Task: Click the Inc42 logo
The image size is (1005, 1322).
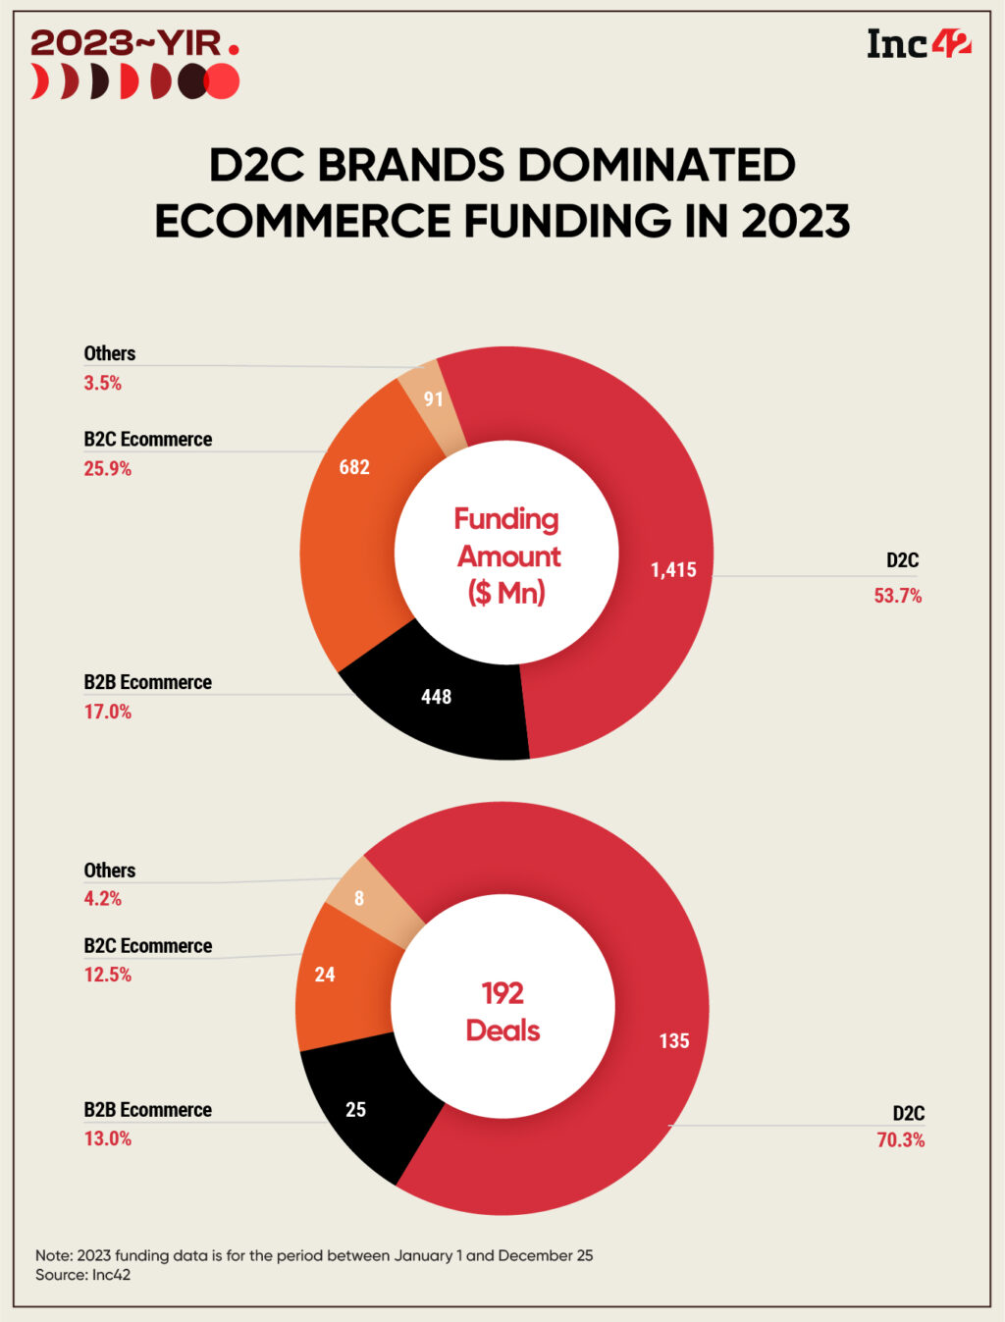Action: coord(918,44)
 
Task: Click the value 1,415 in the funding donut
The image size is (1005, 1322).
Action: coord(673,570)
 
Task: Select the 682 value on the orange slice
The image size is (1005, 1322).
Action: coord(354,467)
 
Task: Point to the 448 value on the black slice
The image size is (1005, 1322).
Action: coord(436,697)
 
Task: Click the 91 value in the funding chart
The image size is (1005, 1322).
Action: coord(434,399)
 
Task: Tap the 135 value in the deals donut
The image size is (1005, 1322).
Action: coord(673,1041)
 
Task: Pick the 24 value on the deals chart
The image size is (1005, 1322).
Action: coord(325,975)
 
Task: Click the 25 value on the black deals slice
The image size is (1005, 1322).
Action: coord(355,1110)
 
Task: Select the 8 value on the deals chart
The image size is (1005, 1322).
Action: coord(359,899)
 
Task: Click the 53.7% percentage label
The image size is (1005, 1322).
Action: coord(898,596)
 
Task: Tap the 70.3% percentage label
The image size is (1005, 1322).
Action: coord(900,1140)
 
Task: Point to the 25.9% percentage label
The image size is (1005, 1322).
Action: coord(107,469)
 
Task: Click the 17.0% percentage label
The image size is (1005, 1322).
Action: coord(107,712)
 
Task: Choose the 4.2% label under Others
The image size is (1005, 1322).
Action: coord(103,898)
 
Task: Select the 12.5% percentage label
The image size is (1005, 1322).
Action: coord(107,975)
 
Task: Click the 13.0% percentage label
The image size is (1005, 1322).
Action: coord(107,1138)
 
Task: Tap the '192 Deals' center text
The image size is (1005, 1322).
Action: coord(502,1012)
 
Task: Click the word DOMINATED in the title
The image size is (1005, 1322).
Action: coord(657,165)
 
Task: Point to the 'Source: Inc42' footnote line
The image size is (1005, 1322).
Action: coord(82,1275)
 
